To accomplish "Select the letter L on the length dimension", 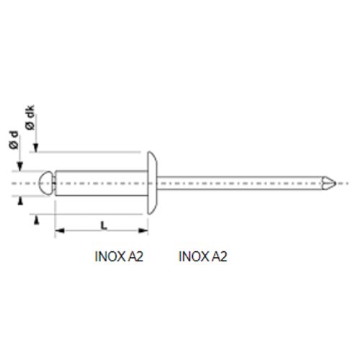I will click(x=104, y=225).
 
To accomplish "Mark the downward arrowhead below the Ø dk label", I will click(x=34, y=148).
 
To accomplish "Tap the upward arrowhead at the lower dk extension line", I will click(x=34, y=219).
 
